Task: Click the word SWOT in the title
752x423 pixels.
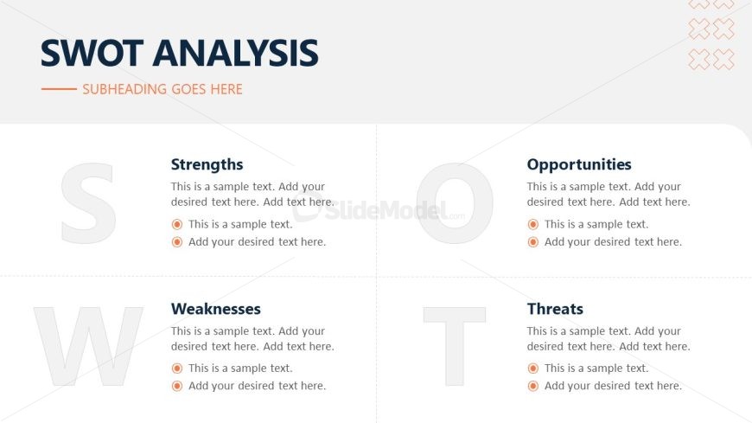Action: [x=92, y=53]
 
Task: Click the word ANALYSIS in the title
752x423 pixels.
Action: [x=235, y=53]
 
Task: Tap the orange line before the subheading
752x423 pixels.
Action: [x=59, y=89]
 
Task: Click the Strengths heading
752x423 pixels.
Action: [x=207, y=164]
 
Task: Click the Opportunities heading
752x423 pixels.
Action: [x=579, y=164]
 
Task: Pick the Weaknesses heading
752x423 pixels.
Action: [x=216, y=309]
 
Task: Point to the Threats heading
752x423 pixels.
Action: [x=555, y=309]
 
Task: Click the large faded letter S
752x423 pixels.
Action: [x=89, y=203]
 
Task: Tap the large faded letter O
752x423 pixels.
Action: [x=455, y=203]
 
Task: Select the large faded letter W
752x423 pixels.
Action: [x=89, y=346]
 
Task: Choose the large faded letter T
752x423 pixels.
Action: [x=455, y=346]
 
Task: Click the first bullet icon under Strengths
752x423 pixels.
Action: [x=177, y=224]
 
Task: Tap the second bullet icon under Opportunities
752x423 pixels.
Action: [x=532, y=242]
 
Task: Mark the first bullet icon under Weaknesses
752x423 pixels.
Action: [x=177, y=369]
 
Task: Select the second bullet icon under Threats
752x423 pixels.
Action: [x=532, y=386]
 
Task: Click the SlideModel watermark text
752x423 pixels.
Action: [x=386, y=210]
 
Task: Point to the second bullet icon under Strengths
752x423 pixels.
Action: [x=177, y=242]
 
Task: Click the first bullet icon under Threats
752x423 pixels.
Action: [x=532, y=369]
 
